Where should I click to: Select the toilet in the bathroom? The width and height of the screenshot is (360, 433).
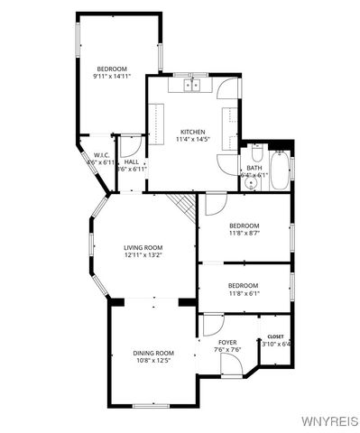coord(255,155)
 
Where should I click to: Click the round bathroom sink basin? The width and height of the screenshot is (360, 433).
coord(252,183)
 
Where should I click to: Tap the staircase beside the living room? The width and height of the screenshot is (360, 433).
coord(185,207)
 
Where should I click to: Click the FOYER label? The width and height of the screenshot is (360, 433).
coord(227,342)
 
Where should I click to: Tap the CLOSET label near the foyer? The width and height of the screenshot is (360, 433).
coord(275,336)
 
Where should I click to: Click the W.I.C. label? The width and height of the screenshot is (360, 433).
coord(101,154)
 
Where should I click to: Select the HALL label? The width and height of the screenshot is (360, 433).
coord(132,161)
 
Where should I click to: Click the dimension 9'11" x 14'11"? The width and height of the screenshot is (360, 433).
coord(112,77)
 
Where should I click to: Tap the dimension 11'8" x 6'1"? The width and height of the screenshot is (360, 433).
coord(244,293)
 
